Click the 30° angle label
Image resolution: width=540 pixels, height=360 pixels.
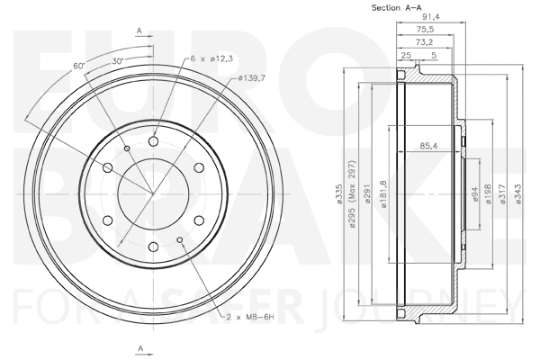pyautogui.click(x=117, y=59)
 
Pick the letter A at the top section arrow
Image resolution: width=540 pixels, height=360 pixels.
pyautogui.click(x=139, y=31)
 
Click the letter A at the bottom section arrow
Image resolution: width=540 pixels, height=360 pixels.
pyautogui.click(x=139, y=347)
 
